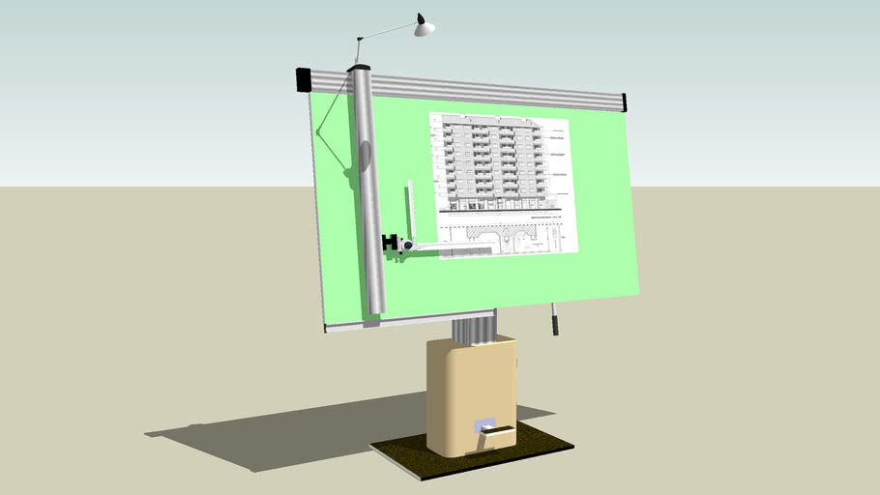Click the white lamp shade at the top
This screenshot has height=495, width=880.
424,28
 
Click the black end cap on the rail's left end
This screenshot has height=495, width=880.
304,79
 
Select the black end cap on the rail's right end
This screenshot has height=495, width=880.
624,102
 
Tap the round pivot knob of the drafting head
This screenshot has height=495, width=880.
408,247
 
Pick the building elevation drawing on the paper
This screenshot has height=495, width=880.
498,162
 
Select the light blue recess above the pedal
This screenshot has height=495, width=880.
484,424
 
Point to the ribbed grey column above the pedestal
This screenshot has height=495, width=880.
475,329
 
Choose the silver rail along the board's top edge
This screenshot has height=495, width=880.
484,91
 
